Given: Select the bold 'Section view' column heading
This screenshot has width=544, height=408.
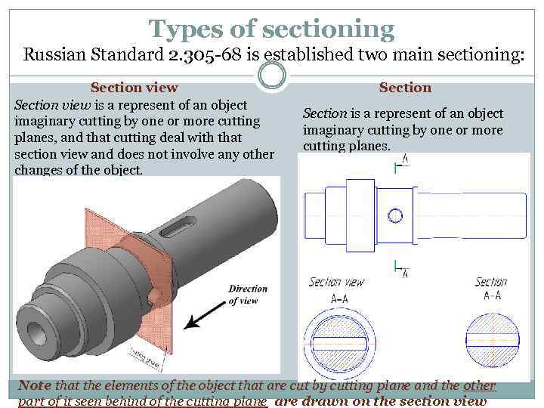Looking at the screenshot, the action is click(134, 88).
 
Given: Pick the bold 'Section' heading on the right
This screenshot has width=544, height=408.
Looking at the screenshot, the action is click(405, 88).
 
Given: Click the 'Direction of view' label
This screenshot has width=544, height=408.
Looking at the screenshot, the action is click(248, 295).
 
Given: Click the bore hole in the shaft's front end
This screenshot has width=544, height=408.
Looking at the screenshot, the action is click(36, 330).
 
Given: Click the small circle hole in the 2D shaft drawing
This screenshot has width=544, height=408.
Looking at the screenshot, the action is click(395, 215).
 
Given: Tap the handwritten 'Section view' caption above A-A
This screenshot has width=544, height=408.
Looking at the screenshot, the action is click(336, 283).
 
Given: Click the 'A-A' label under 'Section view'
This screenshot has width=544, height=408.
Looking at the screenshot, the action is click(339, 298).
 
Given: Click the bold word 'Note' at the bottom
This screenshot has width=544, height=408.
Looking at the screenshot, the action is click(35, 385).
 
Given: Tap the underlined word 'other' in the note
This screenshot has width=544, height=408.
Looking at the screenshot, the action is click(480, 385).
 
